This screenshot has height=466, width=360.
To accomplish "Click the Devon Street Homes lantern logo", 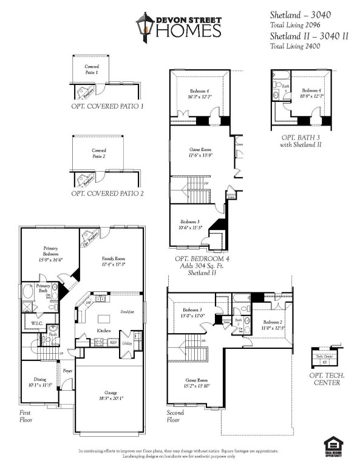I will click(x=144, y=27).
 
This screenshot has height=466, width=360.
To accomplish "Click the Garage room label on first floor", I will click(x=110, y=395).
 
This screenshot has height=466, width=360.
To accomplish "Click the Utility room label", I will click(x=127, y=343).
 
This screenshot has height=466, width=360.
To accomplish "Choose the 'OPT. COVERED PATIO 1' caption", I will click(x=107, y=106).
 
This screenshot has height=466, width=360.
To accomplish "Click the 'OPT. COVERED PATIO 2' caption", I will click(x=107, y=194).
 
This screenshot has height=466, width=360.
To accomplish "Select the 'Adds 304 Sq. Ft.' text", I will click(x=200, y=266).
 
